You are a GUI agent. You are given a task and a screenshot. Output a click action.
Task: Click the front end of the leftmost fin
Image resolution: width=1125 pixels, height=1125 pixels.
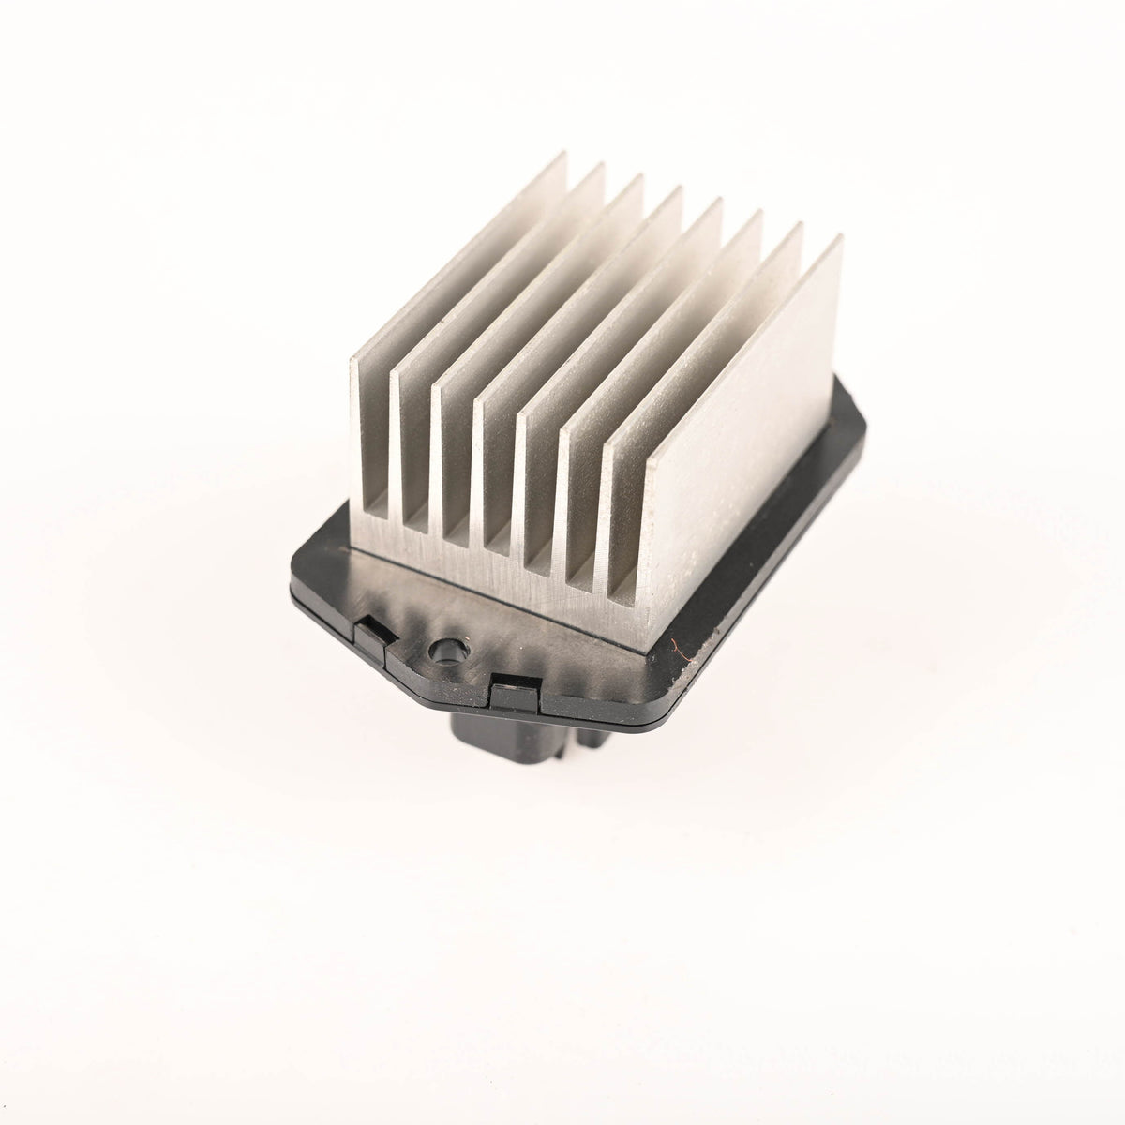(373, 441)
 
